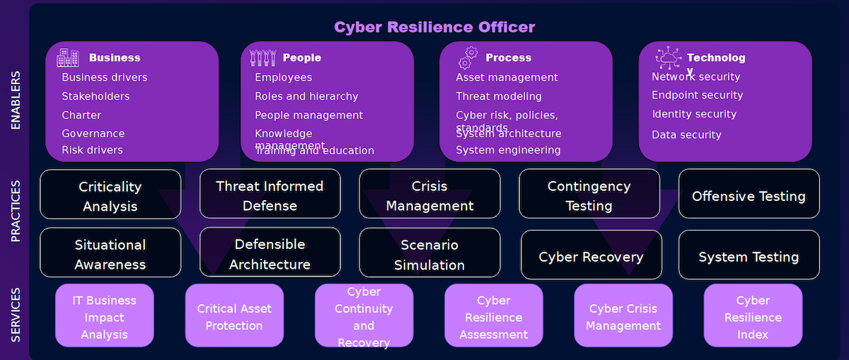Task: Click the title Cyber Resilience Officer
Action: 434,27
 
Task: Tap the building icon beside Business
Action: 68,57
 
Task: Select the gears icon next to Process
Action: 468,57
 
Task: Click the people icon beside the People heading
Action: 263,57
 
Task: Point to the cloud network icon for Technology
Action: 668,57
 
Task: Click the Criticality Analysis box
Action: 110,196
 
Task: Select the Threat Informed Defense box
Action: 270,195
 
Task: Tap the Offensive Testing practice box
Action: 749,196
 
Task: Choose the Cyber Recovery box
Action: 591,256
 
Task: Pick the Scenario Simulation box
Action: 429,255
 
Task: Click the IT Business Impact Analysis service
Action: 104,317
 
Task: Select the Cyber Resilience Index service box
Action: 753,317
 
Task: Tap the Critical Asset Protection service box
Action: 234,317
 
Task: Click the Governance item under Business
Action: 93,133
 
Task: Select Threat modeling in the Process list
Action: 499,96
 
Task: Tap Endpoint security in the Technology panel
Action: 697,95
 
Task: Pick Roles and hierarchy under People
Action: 306,96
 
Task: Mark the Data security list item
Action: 686,134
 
